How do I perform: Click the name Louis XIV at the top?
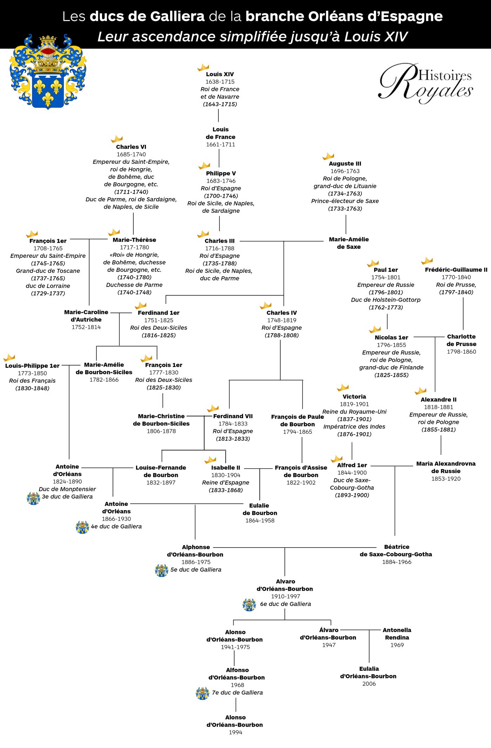(x=220, y=74)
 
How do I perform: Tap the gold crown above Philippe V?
(x=204, y=165)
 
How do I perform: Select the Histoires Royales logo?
(x=426, y=84)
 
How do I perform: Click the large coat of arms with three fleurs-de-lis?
(x=48, y=72)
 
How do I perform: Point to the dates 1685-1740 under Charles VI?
(x=131, y=154)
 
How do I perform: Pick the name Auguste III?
(x=345, y=164)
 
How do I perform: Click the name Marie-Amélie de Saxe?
(x=349, y=243)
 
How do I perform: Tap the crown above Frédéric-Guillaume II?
(x=427, y=261)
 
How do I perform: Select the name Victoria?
(x=354, y=396)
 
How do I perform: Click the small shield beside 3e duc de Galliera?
(x=34, y=498)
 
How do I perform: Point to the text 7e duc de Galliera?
(x=237, y=693)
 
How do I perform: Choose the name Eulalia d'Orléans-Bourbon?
(x=369, y=672)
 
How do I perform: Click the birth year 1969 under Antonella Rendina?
(x=397, y=645)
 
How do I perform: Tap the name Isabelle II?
(x=226, y=468)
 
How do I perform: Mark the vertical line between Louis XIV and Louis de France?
(x=218, y=116)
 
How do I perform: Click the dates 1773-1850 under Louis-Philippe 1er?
(x=32, y=373)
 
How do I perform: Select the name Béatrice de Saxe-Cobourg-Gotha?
(x=396, y=551)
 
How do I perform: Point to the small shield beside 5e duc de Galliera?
(x=162, y=570)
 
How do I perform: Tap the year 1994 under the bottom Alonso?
(x=235, y=732)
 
